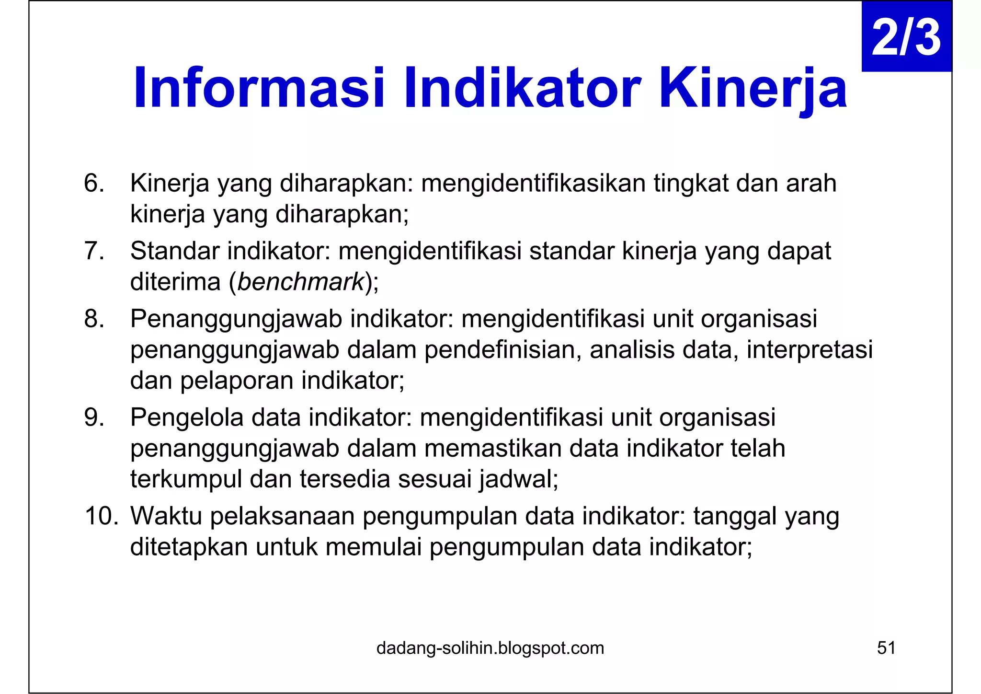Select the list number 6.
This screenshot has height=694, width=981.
pos(93,183)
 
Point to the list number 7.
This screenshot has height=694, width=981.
pos(93,251)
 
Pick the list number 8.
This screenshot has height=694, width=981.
pos(93,319)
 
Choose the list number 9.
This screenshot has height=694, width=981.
pos(93,417)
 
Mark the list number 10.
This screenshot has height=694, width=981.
pos(101,516)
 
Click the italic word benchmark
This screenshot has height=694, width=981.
pos(301,282)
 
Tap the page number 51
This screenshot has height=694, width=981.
pos(886,648)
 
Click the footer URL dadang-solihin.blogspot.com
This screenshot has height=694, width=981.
pos(490,648)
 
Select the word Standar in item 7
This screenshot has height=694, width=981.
pos(174,251)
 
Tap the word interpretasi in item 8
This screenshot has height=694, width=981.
pos(810,350)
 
